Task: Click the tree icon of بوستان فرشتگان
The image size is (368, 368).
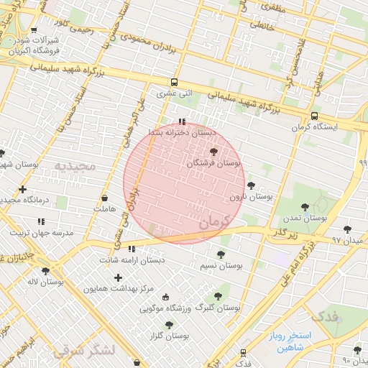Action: [213, 152]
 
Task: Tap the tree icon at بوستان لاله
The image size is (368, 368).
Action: [46, 271]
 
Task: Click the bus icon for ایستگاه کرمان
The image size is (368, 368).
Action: [314, 116]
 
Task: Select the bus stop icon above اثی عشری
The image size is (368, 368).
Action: [174, 82]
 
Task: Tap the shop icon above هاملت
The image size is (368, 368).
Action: [105, 198]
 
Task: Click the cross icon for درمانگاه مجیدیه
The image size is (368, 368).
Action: [22, 188]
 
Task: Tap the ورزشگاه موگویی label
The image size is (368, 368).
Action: [169, 308]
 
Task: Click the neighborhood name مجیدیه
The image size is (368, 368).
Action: [74, 166]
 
